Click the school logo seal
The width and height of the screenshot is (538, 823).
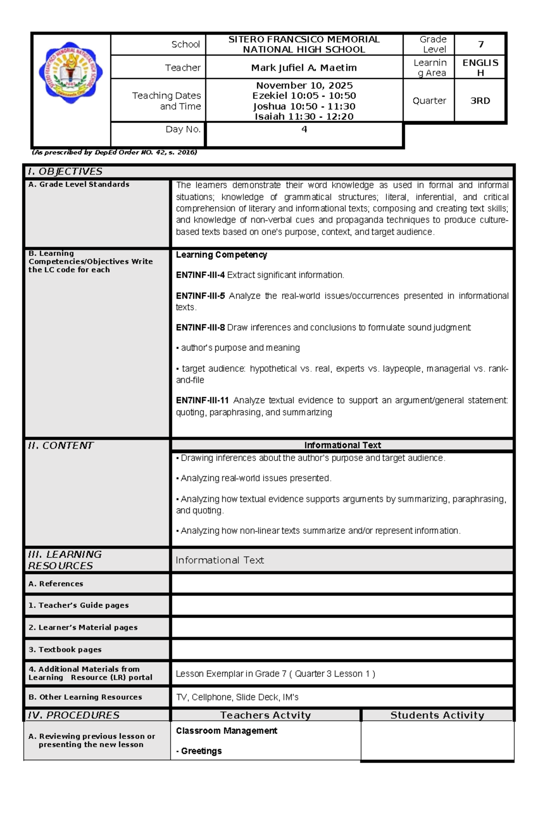coord(70,73)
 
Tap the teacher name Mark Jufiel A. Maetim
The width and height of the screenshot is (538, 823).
coord(304,68)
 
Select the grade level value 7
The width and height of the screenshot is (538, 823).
coord(481,44)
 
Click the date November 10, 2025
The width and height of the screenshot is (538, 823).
coord(304,85)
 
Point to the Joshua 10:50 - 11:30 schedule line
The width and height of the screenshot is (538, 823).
coord(304,106)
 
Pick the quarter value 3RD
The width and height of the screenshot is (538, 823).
coord(480,101)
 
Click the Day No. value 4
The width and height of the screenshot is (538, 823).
coord(304,129)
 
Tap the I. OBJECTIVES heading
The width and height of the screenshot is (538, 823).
coord(65,171)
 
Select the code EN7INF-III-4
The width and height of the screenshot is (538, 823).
coord(200,275)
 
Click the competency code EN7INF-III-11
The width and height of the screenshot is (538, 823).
coord(202,400)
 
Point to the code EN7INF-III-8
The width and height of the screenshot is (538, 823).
coord(200,327)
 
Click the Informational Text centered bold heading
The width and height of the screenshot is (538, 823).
coord(342,445)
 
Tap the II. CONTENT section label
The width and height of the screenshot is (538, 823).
coord(61,445)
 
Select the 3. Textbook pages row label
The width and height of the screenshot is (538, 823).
coord(65,649)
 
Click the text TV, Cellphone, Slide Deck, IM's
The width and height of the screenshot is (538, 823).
coord(237,697)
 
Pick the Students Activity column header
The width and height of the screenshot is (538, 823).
coord(437,715)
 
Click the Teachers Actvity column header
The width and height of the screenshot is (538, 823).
coord(265,715)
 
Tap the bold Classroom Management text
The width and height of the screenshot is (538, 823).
coord(226,731)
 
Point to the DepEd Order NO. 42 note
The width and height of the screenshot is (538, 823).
coord(114,152)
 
